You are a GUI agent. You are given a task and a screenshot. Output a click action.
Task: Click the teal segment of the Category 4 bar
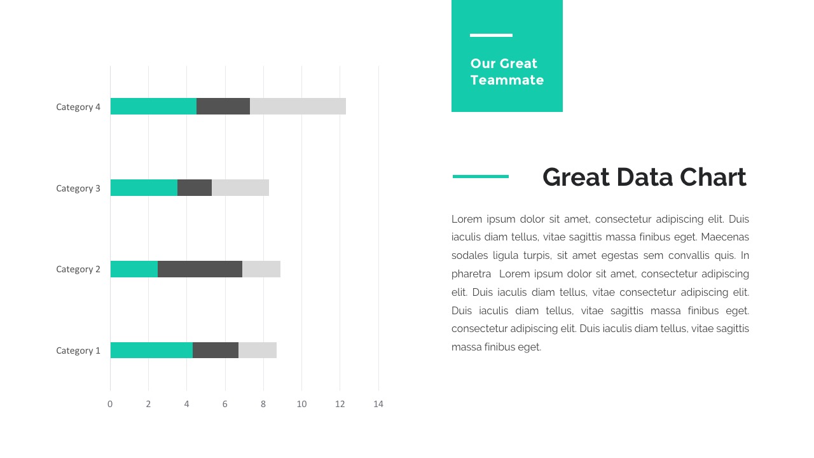click(x=153, y=106)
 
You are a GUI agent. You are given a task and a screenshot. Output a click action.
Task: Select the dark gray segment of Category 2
click(x=200, y=269)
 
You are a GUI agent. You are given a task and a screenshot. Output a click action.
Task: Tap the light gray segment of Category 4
click(x=298, y=106)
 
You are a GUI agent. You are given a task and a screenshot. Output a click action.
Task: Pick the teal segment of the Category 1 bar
click(x=151, y=350)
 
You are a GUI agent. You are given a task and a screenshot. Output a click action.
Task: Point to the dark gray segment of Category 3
click(x=195, y=188)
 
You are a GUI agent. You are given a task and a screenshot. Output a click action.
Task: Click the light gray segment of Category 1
click(x=258, y=350)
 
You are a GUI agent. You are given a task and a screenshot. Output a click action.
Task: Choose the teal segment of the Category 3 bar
click(x=144, y=188)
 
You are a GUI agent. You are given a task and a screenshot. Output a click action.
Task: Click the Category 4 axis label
click(x=78, y=107)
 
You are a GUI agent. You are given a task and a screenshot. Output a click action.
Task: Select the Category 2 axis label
click(x=78, y=269)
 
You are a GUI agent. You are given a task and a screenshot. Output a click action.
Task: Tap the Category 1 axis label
click(x=78, y=350)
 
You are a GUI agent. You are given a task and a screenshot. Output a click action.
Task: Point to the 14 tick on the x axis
click(x=378, y=404)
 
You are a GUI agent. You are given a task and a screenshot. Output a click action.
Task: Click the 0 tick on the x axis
click(x=110, y=404)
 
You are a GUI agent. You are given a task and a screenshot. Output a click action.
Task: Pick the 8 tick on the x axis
click(x=263, y=404)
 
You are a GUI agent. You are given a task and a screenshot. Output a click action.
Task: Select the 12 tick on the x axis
click(x=340, y=404)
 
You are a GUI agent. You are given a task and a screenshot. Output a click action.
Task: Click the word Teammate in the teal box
click(x=507, y=80)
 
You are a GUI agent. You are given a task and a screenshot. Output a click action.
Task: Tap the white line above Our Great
click(x=491, y=36)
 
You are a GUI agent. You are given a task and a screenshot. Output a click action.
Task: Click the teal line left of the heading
click(x=481, y=176)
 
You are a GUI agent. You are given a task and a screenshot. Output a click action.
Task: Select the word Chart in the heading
click(x=713, y=177)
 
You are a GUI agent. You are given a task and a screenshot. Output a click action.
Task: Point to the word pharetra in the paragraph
click(x=471, y=274)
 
